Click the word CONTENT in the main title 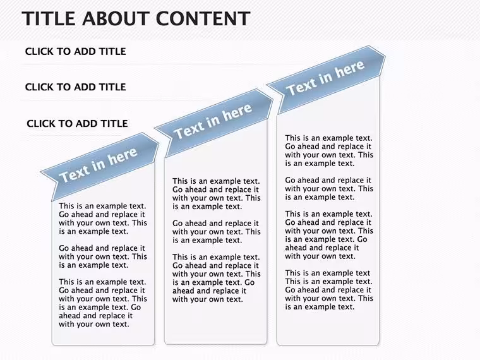coord(203,18)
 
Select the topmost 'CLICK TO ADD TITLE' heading coord(75,51)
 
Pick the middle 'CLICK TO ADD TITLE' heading coord(75,87)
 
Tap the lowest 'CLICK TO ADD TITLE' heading coord(77,123)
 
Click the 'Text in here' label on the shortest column coord(98,165)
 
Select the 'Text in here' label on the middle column coord(213,121)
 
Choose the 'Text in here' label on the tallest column coord(325,78)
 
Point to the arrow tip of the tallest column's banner coord(385,56)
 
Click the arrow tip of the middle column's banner coord(272,99)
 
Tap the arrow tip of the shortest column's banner coord(159,143)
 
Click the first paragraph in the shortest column coord(103,219)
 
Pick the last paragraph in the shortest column coord(103,303)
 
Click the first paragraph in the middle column coord(217,194)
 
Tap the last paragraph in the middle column coord(217,279)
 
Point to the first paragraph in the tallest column coord(329,150)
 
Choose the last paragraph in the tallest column coord(329,290)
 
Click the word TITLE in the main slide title coord(49,18)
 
